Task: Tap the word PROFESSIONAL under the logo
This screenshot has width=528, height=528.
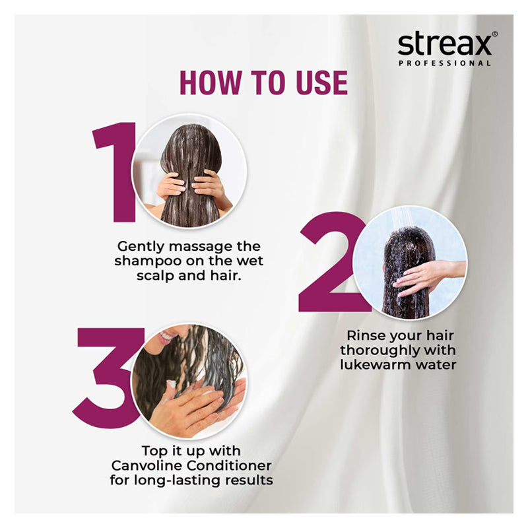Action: point(444,63)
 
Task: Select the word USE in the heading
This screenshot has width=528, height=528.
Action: point(321,83)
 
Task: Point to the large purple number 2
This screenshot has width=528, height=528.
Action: point(332,261)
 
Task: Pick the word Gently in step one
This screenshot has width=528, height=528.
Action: point(141,247)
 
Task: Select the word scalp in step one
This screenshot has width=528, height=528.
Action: point(156,276)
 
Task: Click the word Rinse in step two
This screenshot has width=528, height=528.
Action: point(366,336)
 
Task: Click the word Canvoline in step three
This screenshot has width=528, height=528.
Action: point(147,466)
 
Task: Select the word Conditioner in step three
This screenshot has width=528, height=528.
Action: point(229,466)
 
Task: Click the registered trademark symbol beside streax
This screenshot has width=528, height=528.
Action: point(494,34)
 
